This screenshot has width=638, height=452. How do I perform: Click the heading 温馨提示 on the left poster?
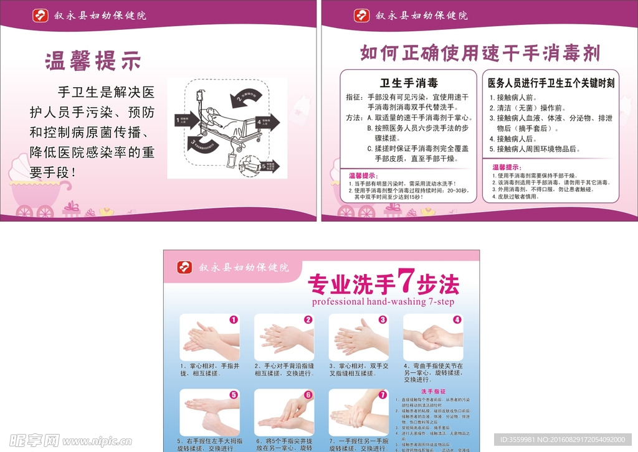pyautogui.click(x=93, y=61)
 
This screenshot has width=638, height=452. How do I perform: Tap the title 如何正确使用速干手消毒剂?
pyautogui.click(x=480, y=53)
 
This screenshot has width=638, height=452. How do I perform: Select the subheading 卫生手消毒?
pyautogui.click(x=409, y=83)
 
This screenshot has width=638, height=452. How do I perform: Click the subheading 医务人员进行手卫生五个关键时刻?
pyautogui.click(x=551, y=83)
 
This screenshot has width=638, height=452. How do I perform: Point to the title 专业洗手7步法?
pyautogui.click(x=383, y=284)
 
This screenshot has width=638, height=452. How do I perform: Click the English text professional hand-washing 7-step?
pyautogui.click(x=383, y=302)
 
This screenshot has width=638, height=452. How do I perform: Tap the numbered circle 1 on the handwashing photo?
pyautogui.click(x=234, y=320)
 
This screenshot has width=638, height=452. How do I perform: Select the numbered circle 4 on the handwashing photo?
pyautogui.click(x=457, y=320)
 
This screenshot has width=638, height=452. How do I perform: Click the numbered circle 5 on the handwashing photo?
pyautogui.click(x=234, y=395)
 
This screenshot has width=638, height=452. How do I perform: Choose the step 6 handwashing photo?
pyautogui.click(x=283, y=412)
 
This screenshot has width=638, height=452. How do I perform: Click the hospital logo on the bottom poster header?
pyautogui.click(x=184, y=267)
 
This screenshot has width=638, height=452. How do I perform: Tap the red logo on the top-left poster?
pyautogui.click(x=40, y=16)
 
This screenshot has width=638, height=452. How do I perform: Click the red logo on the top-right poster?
pyautogui.click(x=361, y=16)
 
